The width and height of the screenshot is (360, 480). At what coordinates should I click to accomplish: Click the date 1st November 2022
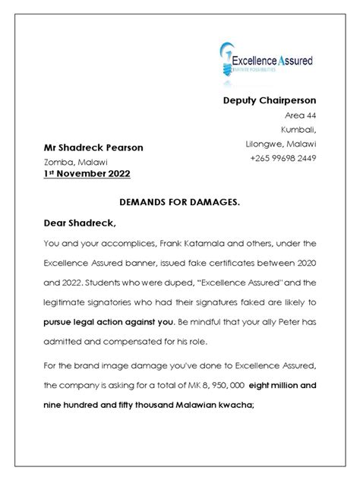[x=86, y=174]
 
